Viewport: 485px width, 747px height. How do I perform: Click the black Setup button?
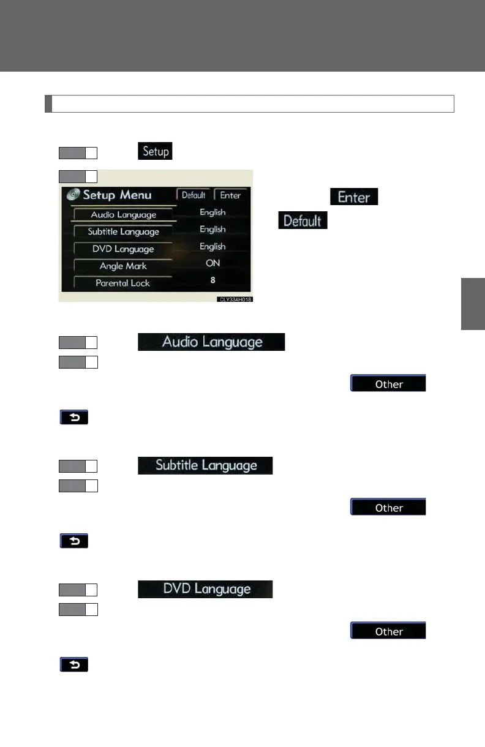tap(156, 151)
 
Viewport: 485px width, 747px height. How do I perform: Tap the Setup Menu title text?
tap(117, 195)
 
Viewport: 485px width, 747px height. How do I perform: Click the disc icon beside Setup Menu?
tap(73, 195)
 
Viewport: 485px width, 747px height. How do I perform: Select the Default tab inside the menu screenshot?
tap(194, 195)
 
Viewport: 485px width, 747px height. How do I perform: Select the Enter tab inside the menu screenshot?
tap(230, 195)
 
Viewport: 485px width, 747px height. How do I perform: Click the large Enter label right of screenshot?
tap(354, 197)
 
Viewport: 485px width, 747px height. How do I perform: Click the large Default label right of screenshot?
tap(303, 220)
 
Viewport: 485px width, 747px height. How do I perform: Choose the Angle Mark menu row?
tap(123, 266)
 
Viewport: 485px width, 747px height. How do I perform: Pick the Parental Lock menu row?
tap(122, 283)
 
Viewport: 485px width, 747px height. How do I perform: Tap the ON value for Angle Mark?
tap(212, 263)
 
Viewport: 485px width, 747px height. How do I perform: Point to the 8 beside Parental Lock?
tap(212, 280)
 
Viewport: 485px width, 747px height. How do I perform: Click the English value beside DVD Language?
tap(212, 246)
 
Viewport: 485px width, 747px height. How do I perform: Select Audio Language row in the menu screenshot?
tap(124, 215)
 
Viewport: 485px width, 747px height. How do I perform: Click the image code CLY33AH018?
tap(235, 300)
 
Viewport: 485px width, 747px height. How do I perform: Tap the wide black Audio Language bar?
tap(211, 342)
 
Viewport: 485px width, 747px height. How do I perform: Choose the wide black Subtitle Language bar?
tap(205, 465)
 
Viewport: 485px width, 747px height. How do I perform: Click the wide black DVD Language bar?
tap(205, 589)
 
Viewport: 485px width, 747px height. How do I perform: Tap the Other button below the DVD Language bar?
tap(388, 631)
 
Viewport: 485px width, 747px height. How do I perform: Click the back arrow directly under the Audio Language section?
tap(74, 418)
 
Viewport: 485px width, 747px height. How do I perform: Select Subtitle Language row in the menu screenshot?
tap(123, 231)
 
